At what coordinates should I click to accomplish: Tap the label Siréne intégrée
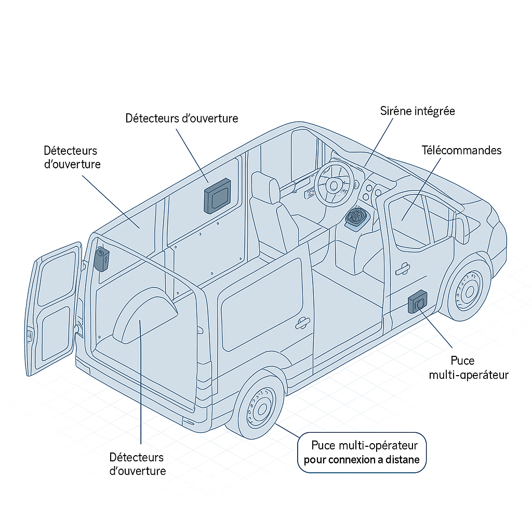[417, 111]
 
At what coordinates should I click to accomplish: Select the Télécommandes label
[461, 150]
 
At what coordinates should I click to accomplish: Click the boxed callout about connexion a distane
[362, 453]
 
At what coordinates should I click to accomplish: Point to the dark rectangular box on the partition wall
[218, 195]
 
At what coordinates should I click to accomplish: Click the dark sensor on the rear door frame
[102, 259]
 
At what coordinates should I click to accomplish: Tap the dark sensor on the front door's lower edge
[418, 302]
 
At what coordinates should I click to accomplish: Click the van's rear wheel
[258, 406]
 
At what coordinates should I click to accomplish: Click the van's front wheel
[469, 291]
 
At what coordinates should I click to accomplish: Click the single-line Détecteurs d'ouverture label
[182, 118]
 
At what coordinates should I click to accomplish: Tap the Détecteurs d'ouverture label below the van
[137, 464]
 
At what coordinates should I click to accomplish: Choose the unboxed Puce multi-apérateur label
[468, 368]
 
